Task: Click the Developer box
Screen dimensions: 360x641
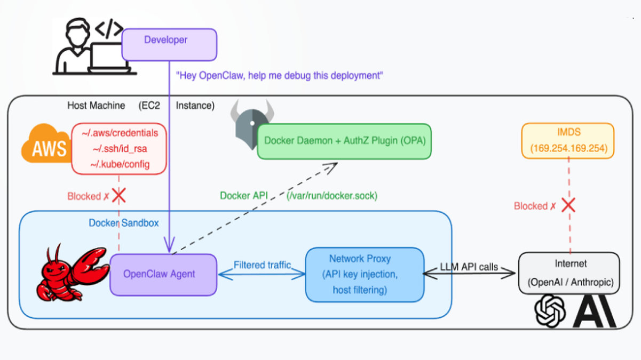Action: pyautogui.click(x=169, y=44)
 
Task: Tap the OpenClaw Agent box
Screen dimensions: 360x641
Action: pyautogui.click(x=163, y=274)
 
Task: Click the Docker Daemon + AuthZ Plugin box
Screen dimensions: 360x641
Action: pyautogui.click(x=344, y=141)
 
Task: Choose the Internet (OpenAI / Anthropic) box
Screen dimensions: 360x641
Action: pyautogui.click(x=569, y=273)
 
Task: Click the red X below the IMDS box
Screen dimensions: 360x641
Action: pyautogui.click(x=569, y=205)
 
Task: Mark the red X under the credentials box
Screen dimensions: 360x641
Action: pyautogui.click(x=118, y=196)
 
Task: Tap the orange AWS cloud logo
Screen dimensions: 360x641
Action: pyautogui.click(x=46, y=143)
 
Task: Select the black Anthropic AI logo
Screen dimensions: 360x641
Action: pyautogui.click(x=594, y=313)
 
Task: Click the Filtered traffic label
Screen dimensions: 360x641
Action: pyautogui.click(x=262, y=265)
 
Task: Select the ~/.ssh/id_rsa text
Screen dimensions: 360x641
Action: pyautogui.click(x=120, y=148)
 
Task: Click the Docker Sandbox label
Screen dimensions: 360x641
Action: pyautogui.click(x=123, y=223)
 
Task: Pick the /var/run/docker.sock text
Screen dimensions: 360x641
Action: pyautogui.click(x=332, y=196)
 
